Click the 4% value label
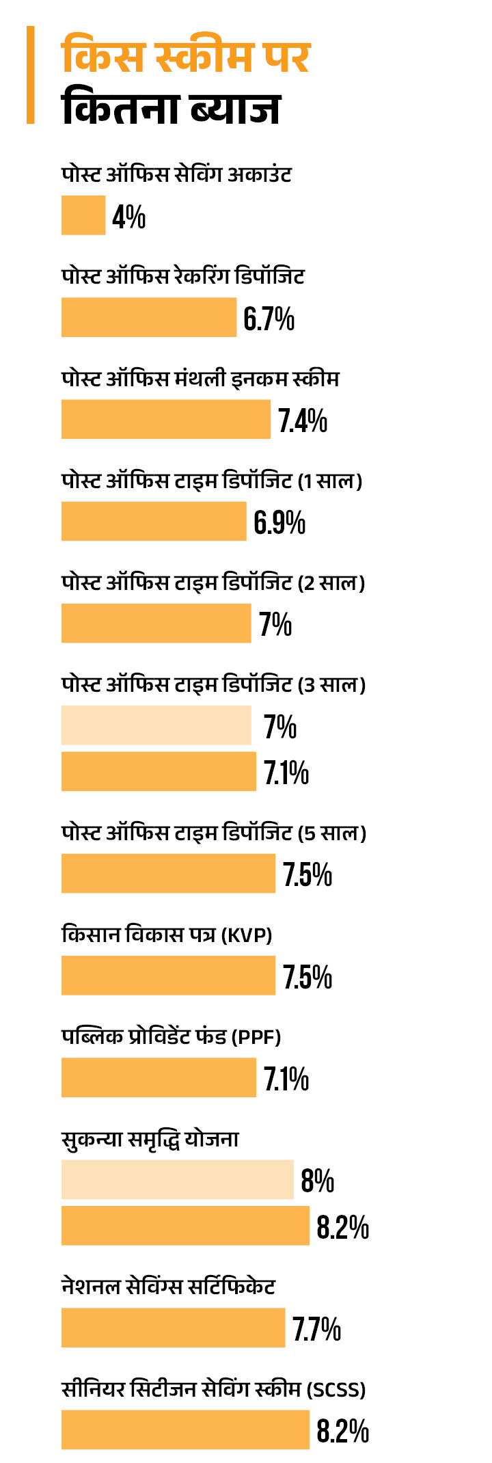pyautogui.click(x=129, y=217)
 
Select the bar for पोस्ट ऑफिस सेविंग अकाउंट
pyautogui.click(x=83, y=215)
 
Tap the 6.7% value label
pyautogui.click(x=269, y=319)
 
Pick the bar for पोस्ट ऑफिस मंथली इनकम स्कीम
pyautogui.click(x=166, y=419)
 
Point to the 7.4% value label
pyautogui.click(x=302, y=420)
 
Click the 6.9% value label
pyautogui.click(x=279, y=522)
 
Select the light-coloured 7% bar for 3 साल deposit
pyautogui.click(x=156, y=725)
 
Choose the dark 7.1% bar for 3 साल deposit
pyautogui.click(x=159, y=771)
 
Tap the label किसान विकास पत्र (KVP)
pyautogui.click(x=167, y=935)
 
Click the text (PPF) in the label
pyautogui.click(x=256, y=1037)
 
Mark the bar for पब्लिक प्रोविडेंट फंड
pyautogui.click(x=159, y=1077)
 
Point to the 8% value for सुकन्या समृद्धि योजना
pyautogui.click(x=317, y=1181)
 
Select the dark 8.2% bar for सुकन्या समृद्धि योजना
pyautogui.click(x=185, y=1226)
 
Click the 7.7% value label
pyautogui.click(x=316, y=1328)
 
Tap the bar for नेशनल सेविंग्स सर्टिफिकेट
pyautogui.click(x=173, y=1328)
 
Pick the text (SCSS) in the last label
pyautogui.click(x=336, y=1390)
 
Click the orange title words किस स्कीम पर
pyautogui.click(x=186, y=57)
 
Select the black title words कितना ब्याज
pyautogui.click(x=171, y=108)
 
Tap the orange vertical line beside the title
pyautogui.click(x=30, y=75)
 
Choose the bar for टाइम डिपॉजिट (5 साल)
pyautogui.click(x=168, y=873)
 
